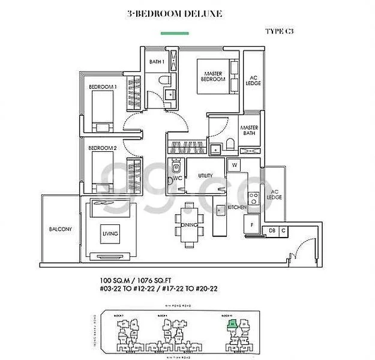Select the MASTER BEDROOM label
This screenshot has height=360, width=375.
pos(213,76)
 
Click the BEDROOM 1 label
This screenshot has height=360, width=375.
pos(103,87)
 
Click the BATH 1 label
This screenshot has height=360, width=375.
pos(157,61)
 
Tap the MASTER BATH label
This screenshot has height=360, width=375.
pos(249,131)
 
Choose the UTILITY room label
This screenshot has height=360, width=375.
pos(206,175)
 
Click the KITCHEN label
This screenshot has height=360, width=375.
pos(238,207)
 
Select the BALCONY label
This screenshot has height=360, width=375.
pos(61,229)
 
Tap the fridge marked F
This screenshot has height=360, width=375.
pos(251,224)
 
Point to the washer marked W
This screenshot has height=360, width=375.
pos(235,164)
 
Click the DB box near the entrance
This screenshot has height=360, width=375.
pos(272,230)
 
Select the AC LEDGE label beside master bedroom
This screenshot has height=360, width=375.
pos(253,80)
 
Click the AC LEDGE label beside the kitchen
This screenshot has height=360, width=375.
pos(274,193)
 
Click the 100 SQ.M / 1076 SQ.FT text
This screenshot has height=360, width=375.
pos(139,280)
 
